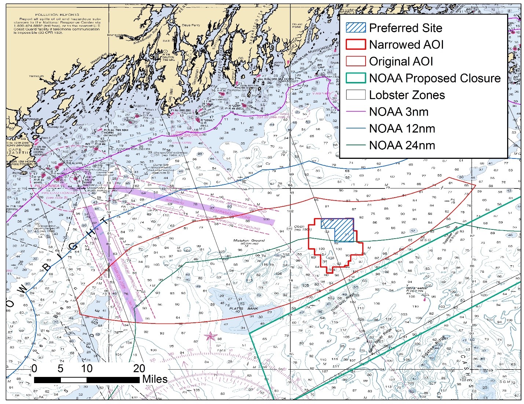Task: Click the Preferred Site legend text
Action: click(405, 28)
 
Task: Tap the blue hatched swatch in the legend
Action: click(356, 27)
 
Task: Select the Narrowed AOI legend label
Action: click(406, 45)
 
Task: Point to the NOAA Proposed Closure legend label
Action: click(435, 78)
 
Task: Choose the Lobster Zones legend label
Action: click(407, 95)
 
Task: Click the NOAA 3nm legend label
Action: click(399, 112)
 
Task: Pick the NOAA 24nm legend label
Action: click(402, 145)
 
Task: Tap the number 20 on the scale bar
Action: click(139, 369)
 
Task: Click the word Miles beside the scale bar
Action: click(155, 379)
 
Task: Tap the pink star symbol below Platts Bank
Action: click(210, 336)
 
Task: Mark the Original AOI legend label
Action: click(401, 61)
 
